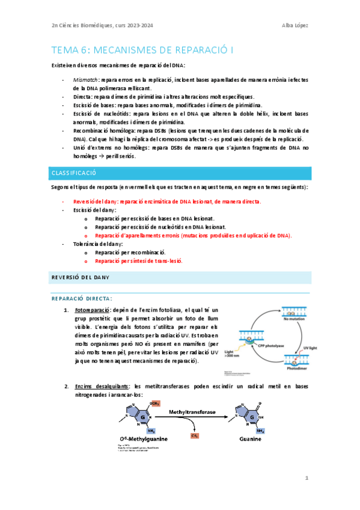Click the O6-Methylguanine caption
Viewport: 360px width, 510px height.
pos(142,438)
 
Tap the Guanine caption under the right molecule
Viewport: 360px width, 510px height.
pos(249,438)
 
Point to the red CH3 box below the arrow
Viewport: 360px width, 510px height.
pos(195,433)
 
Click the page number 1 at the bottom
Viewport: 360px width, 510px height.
pos(307,479)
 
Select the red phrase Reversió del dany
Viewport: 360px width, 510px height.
pos(92,201)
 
